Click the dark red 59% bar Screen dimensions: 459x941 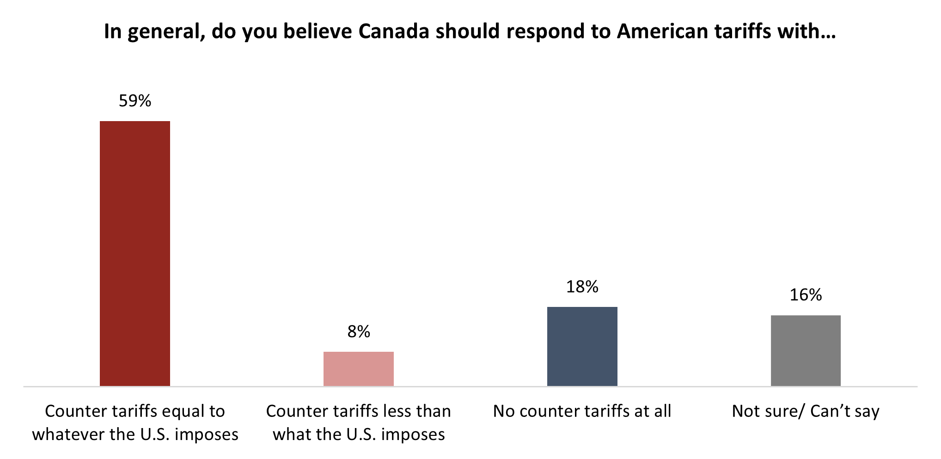coord(135,253)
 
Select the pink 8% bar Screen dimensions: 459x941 coord(359,369)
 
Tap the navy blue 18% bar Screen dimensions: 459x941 coord(582,346)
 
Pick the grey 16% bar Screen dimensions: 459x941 coord(806,350)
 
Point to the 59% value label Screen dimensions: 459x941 coord(135,101)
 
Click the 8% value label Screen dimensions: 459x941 coord(359,331)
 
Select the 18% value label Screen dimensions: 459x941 coord(582,287)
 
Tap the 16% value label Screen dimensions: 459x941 coord(806,295)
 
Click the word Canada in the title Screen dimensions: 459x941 coord(394,31)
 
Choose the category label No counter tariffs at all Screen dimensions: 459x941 coord(582,411)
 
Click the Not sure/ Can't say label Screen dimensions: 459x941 coord(806,411)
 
